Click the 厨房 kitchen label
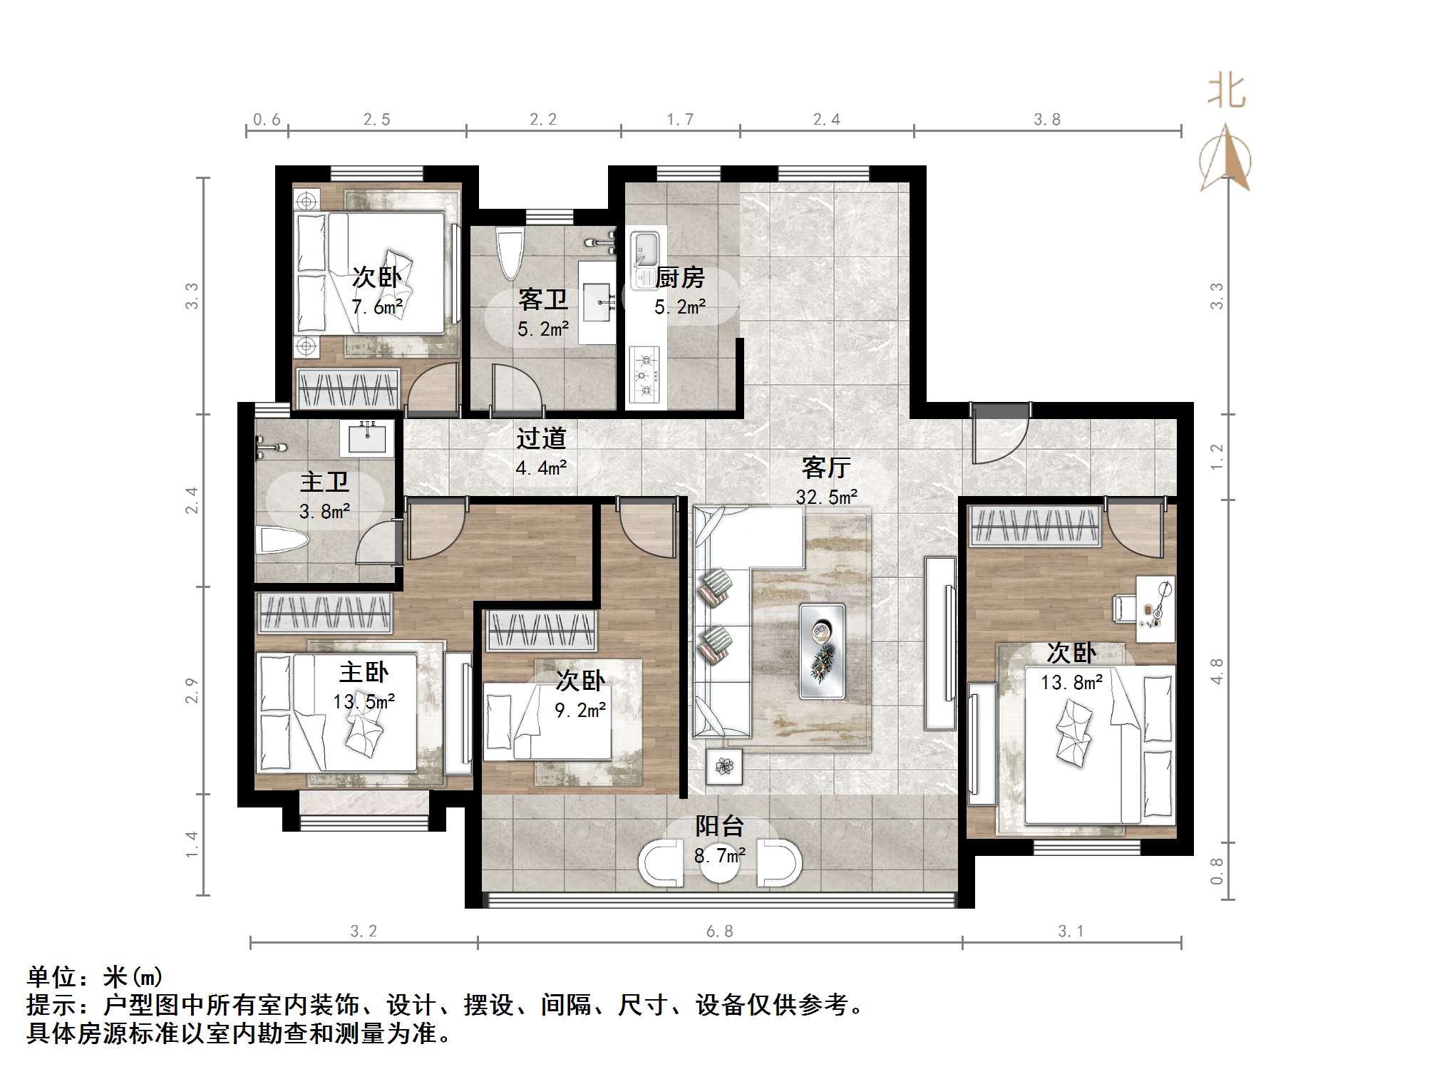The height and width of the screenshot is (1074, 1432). pos(680,277)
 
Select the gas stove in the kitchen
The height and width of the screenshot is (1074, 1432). pos(645,374)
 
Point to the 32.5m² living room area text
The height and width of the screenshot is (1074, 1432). pos(826,497)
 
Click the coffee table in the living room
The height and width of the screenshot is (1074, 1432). pos(822,651)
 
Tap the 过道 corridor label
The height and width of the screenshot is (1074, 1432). pos(541,438)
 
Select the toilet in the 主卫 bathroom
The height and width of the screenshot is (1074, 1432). pos(281,539)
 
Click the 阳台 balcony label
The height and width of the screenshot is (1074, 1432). pos(719,826)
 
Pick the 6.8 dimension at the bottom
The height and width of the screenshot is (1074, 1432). pos(719,931)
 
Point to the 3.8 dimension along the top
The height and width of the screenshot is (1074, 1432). pos(1047,119)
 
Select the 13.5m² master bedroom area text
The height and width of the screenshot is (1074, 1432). pos(364,701)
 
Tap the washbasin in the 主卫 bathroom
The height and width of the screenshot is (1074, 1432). pos(367,437)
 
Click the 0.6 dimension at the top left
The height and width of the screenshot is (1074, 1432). pos(267,119)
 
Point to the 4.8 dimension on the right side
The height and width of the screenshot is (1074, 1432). pos(1217,671)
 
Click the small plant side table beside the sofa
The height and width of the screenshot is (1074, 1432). pos(724,767)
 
